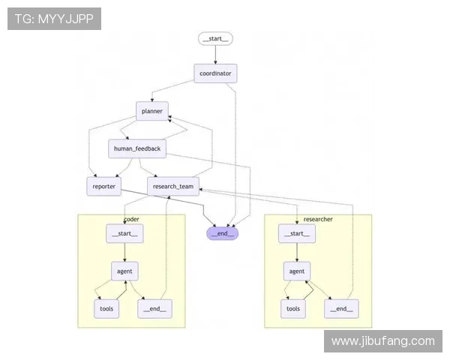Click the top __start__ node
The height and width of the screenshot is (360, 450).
point(216,38)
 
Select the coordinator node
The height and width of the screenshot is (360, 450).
point(216,73)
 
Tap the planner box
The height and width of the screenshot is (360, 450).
point(152,111)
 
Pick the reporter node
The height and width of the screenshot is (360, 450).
point(103,186)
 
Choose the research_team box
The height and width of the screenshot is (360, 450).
point(173,186)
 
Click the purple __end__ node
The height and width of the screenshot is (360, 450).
point(223,233)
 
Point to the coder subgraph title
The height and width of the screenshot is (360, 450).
point(131,219)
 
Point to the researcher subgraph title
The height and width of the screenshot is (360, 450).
point(318,219)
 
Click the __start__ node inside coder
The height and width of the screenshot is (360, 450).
point(124,233)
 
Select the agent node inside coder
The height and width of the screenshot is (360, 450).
point(124,271)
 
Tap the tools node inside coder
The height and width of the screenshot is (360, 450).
point(106,308)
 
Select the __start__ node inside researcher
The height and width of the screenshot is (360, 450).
point(297,233)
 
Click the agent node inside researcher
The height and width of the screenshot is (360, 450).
point(297,271)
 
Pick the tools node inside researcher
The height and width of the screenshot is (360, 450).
point(293,308)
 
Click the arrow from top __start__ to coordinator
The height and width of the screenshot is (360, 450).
point(216,54)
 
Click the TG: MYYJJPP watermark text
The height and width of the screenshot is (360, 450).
point(54,19)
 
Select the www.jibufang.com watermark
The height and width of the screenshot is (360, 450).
point(382,341)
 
